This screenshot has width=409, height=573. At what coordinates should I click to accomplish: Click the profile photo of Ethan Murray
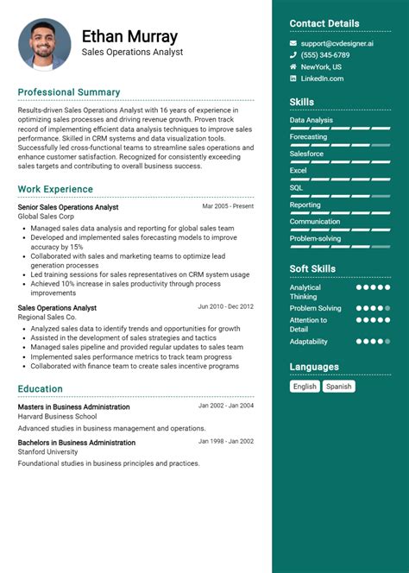click(x=44, y=44)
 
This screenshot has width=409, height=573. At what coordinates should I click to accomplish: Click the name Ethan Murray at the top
click(x=129, y=36)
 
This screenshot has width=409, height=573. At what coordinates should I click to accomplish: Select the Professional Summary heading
click(x=69, y=92)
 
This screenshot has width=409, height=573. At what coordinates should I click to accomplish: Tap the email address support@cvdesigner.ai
click(x=337, y=43)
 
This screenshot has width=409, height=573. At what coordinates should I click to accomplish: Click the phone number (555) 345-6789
click(x=325, y=55)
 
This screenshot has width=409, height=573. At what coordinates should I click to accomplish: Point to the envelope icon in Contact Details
click(x=293, y=43)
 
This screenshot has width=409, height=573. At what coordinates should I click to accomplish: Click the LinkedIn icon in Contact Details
click(x=293, y=79)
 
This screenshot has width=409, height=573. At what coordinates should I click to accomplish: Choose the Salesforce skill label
click(x=306, y=154)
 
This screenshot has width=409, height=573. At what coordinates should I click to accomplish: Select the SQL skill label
click(x=296, y=187)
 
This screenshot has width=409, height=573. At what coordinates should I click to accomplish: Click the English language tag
click(x=305, y=387)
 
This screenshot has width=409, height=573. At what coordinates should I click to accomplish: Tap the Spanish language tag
click(x=339, y=387)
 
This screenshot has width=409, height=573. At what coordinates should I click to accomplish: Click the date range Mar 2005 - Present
click(x=228, y=207)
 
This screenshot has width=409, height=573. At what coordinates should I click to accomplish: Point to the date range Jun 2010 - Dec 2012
click(x=225, y=306)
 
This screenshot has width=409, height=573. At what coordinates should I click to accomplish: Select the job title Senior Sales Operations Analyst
click(x=68, y=207)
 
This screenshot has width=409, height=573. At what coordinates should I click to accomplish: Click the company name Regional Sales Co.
click(x=47, y=318)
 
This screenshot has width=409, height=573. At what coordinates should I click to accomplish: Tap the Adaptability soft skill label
click(x=309, y=342)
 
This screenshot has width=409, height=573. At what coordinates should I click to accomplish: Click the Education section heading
click(x=40, y=389)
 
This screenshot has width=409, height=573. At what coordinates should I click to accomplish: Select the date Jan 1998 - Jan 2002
click(x=226, y=441)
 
